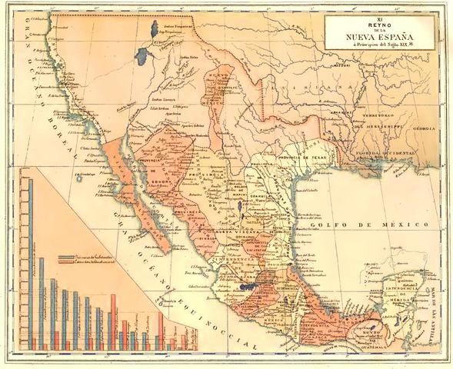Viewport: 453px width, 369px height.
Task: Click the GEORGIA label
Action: pyautogui.click(x=421, y=129)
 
